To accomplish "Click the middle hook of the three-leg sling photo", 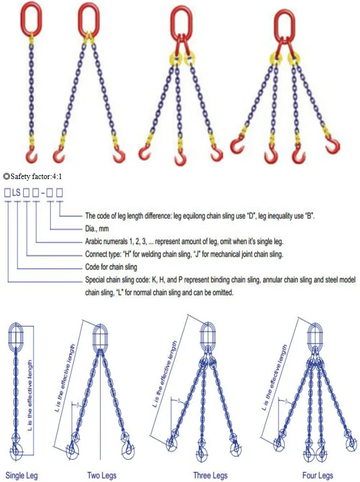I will [180, 158].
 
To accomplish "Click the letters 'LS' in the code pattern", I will [17, 193].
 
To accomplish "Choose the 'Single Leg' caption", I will [21, 475].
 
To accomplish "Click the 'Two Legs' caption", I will [100, 475].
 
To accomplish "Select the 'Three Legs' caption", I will [210, 475].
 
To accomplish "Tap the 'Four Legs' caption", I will [318, 475].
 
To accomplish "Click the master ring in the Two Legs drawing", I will [100, 337].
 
